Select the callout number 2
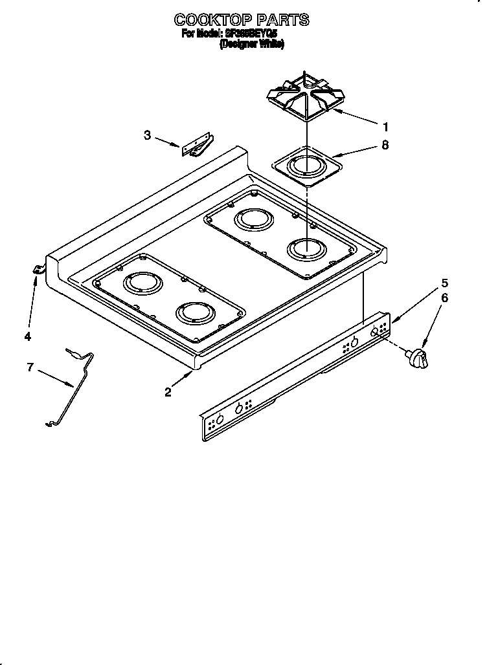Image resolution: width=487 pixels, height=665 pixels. [x=168, y=392]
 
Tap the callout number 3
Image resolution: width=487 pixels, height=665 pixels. [x=148, y=135]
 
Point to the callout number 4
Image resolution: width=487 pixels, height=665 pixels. [x=27, y=336]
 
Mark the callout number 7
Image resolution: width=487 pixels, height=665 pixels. [x=30, y=367]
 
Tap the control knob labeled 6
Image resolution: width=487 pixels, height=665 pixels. [x=417, y=358]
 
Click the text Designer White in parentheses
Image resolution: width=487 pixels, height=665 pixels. [x=252, y=44]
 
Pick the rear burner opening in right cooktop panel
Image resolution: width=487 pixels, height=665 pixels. [x=253, y=219]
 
